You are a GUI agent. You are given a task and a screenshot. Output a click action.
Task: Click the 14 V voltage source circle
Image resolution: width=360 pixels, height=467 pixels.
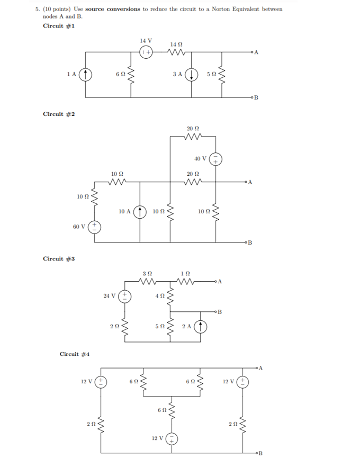point(146,52)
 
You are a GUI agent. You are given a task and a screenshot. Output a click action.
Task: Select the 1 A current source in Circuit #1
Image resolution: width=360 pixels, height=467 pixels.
point(85,75)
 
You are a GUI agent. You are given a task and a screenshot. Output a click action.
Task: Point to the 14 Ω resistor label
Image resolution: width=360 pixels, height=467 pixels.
point(177,43)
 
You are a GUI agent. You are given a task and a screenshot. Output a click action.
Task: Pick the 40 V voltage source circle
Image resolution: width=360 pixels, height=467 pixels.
point(215,158)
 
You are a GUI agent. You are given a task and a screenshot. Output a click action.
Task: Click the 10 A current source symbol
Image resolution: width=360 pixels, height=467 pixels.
point(140,211)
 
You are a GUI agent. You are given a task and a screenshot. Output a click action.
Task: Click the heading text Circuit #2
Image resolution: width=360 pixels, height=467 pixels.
point(59,114)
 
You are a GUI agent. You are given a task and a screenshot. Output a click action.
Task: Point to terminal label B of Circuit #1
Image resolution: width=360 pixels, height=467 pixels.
point(256,98)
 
